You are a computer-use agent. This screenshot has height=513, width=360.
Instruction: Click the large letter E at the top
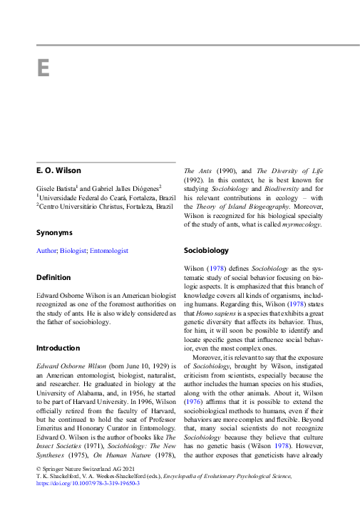pyautogui.click(x=42, y=68)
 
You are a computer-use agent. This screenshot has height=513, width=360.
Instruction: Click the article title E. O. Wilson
pyautogui.click(x=59, y=171)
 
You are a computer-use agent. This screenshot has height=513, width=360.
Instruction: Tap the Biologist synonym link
pyautogui.click(x=73, y=251)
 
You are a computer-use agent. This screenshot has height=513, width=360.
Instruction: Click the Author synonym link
pyautogui.click(x=46, y=251)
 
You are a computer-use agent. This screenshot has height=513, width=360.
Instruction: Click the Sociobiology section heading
pyautogui.click(x=206, y=251)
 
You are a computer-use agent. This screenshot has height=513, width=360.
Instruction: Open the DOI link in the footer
pyautogui.click(x=87, y=483)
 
